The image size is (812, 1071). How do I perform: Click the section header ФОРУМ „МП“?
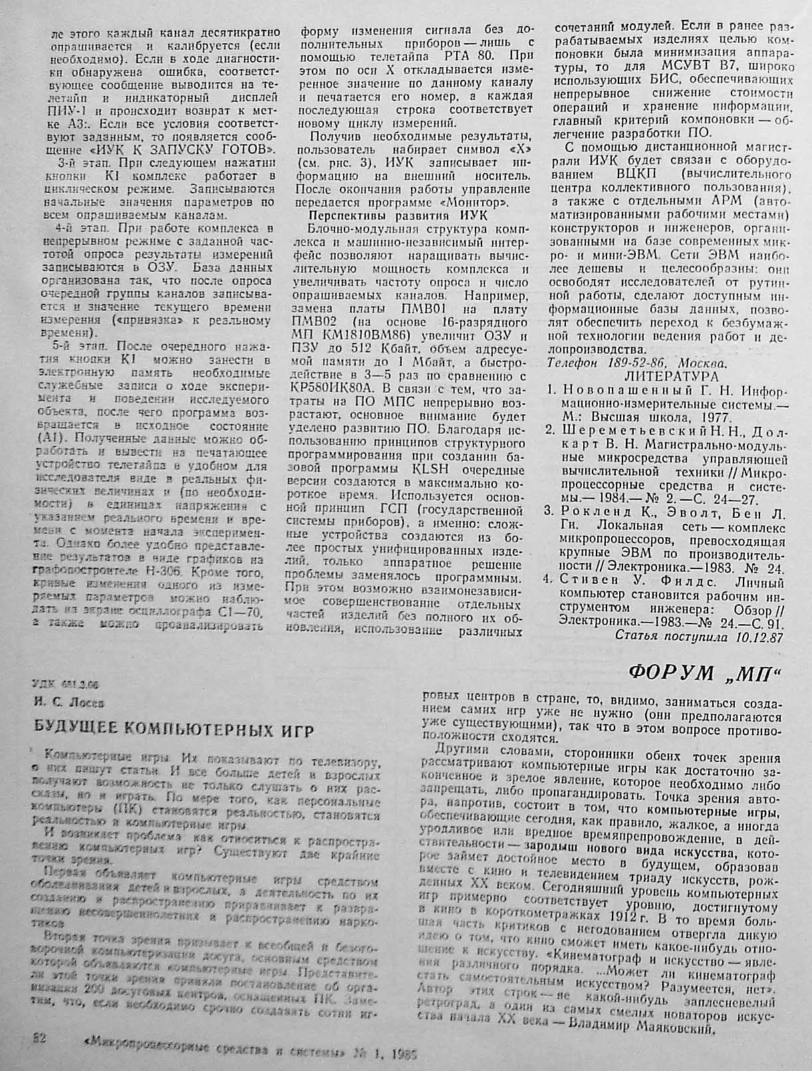(x=704, y=673)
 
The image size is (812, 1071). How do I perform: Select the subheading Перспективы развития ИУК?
(x=398, y=215)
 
